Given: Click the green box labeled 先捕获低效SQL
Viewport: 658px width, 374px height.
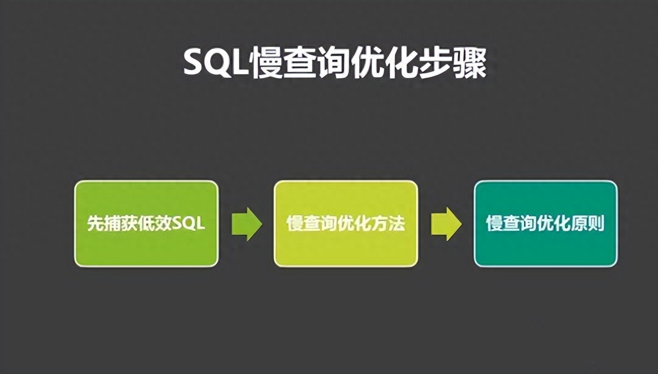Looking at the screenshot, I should (147, 223).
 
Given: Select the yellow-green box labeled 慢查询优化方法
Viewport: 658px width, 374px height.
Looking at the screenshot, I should (345, 223).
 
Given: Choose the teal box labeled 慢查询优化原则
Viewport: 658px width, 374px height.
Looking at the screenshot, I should (545, 223).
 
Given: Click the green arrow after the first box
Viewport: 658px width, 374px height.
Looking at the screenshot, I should (247, 224).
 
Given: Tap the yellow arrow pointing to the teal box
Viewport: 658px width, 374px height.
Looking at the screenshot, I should (446, 224).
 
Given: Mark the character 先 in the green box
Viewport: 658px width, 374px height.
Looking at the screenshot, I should (94, 224).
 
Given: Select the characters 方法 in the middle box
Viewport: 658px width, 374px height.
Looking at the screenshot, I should (390, 224).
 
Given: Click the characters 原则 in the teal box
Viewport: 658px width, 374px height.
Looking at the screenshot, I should (590, 224).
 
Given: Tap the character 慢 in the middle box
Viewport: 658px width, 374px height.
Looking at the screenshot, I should (294, 224).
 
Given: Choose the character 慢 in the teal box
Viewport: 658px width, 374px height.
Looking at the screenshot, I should (493, 224).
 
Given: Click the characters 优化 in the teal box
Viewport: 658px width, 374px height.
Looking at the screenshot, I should (553, 224).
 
